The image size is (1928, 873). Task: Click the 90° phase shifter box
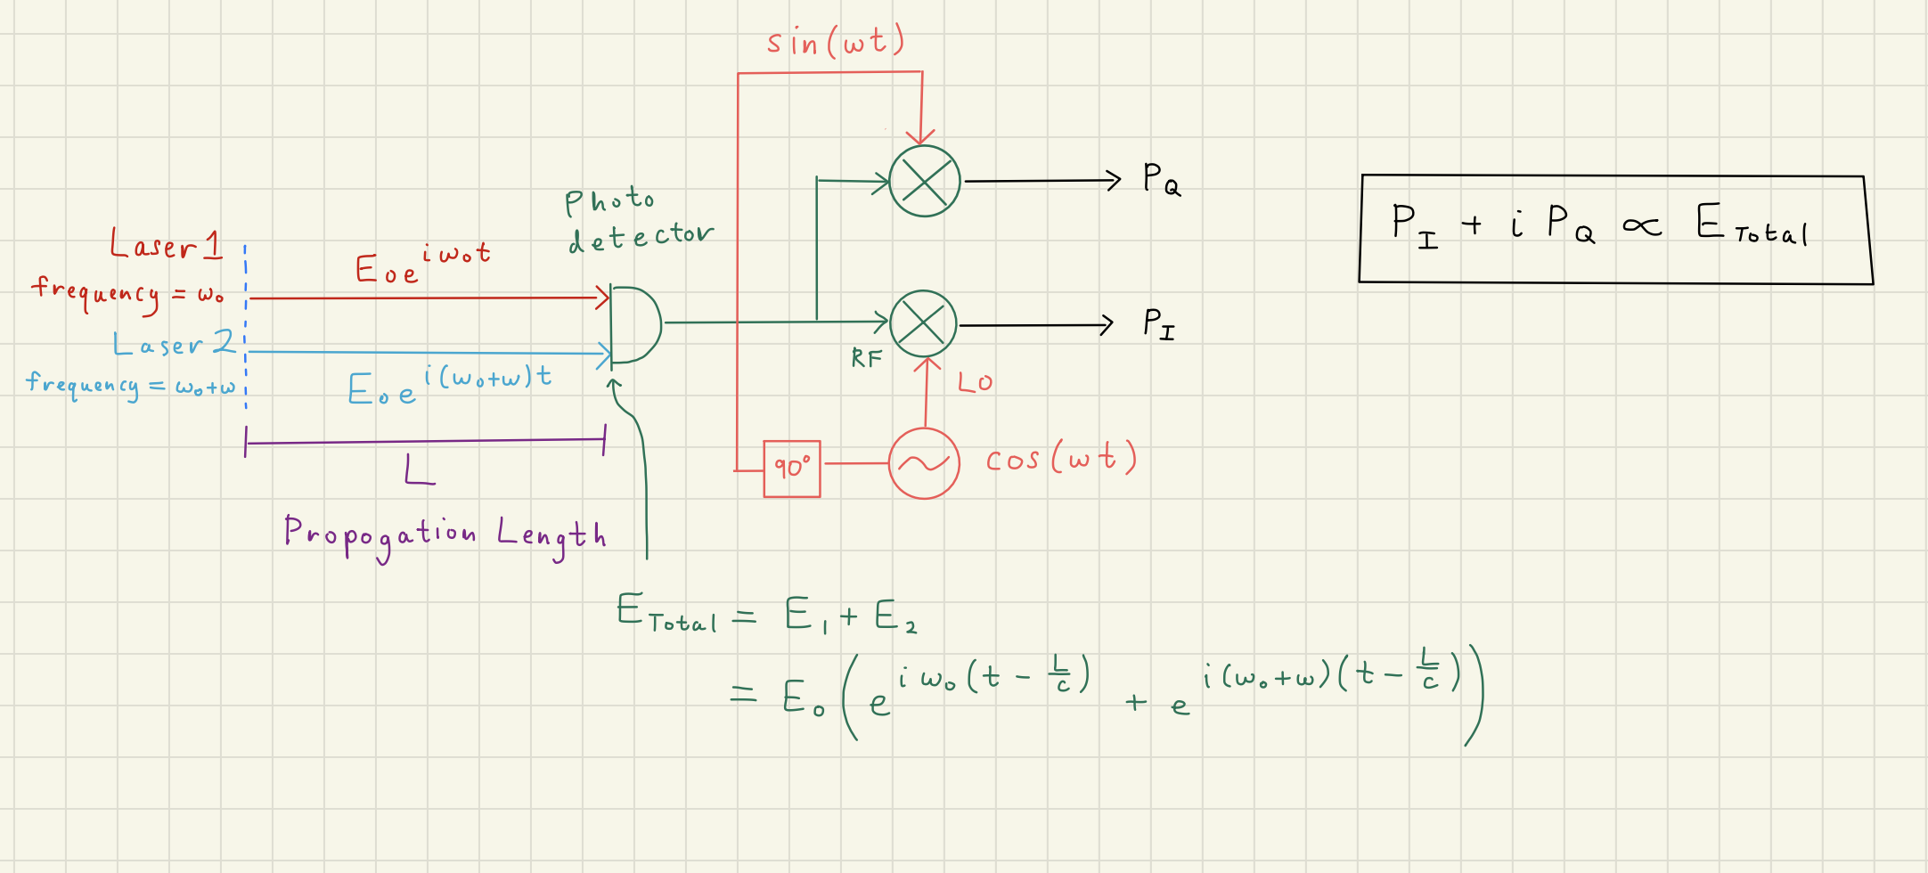point(791,468)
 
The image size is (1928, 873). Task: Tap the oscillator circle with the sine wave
point(924,463)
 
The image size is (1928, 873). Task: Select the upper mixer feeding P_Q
point(925,181)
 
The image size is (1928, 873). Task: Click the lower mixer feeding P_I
point(923,323)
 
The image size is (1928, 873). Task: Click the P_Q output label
point(1161,179)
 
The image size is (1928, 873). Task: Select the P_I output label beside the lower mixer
point(1158,324)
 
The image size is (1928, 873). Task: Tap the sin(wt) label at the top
point(835,42)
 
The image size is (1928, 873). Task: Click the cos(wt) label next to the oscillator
point(1060,459)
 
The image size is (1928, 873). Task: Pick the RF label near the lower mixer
point(866,359)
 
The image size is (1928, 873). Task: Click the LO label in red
point(975,383)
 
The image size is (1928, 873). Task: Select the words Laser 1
point(166,244)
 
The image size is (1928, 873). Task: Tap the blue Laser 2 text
point(174,344)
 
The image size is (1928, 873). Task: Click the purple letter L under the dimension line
point(419,469)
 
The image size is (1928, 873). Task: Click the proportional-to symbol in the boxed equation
point(1641,226)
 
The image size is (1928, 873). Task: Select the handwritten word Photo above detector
point(609,201)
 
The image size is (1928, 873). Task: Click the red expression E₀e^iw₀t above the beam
point(422,264)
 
